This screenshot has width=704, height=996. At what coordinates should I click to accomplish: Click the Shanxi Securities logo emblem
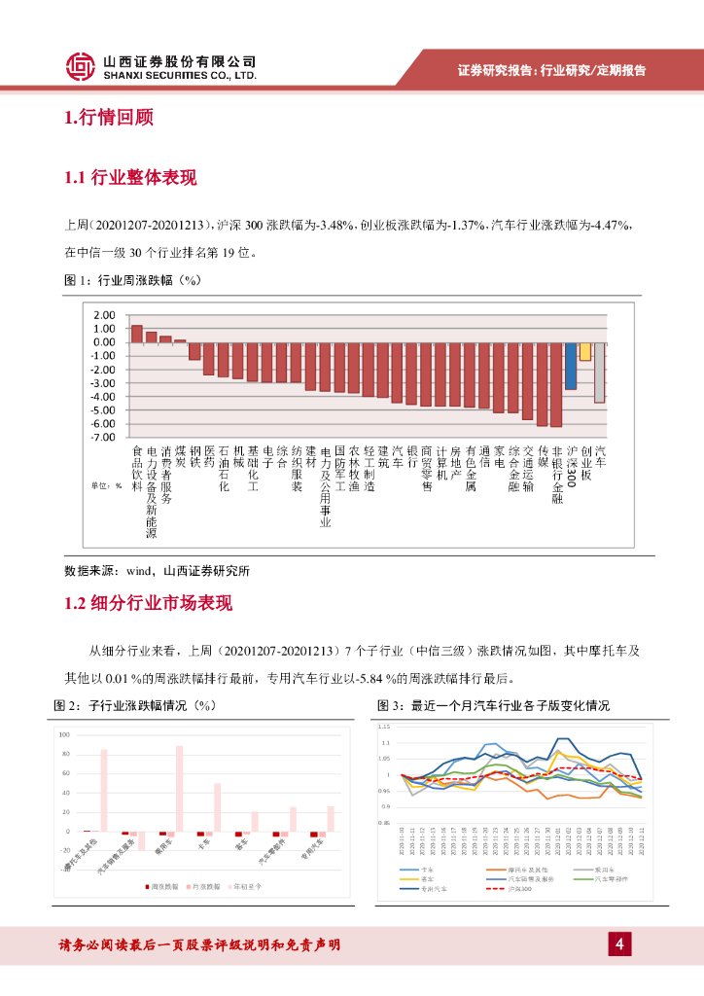(x=80, y=67)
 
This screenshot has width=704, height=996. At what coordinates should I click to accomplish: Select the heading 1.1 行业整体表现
(x=129, y=177)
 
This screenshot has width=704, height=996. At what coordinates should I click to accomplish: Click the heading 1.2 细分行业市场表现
(x=148, y=603)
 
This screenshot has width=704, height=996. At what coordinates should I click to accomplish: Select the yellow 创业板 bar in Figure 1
(x=585, y=351)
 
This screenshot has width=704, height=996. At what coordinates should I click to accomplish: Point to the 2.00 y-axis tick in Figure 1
(x=102, y=315)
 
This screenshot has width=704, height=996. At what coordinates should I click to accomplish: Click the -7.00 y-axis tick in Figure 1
(x=102, y=438)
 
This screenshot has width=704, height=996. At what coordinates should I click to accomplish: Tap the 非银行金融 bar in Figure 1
(x=556, y=384)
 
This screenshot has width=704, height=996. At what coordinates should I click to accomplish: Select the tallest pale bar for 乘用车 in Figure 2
(x=179, y=789)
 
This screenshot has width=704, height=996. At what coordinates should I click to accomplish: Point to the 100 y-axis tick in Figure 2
(x=65, y=734)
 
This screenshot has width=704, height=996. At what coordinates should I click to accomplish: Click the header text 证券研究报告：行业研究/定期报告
(x=551, y=70)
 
